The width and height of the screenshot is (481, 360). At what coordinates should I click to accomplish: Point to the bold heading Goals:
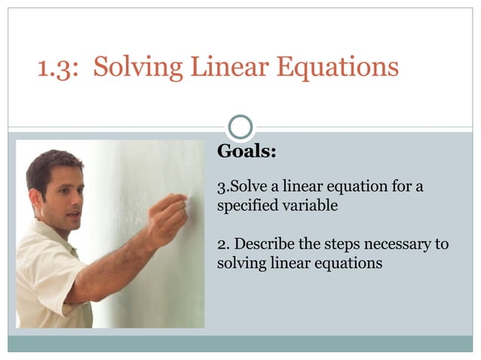[x=247, y=151]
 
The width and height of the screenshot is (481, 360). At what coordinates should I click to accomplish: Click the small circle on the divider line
[x=240, y=127]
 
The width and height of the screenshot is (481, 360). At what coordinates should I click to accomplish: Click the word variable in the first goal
[x=309, y=205]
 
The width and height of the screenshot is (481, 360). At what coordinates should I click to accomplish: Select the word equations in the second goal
[x=350, y=264]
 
